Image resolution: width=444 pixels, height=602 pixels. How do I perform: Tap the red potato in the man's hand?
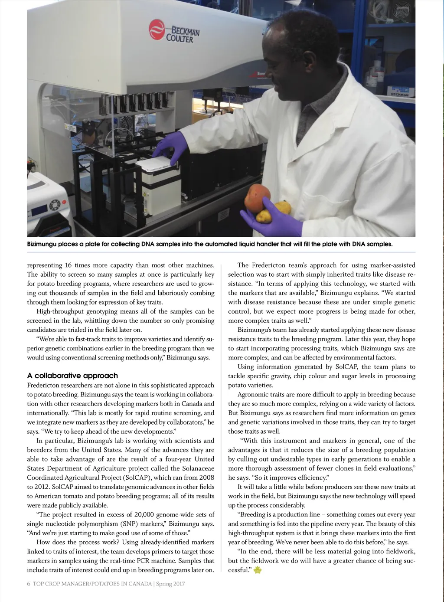point(258,198)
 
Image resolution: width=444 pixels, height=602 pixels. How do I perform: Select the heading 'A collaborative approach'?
point(72,376)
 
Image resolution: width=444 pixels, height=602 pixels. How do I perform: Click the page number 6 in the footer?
point(29,584)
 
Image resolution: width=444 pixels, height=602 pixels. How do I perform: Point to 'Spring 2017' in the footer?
point(171,584)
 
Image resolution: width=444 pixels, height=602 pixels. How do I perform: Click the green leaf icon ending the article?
point(258,570)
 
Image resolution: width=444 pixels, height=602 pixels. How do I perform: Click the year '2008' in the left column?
point(207,478)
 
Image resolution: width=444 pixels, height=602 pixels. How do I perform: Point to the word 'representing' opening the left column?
point(43,265)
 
